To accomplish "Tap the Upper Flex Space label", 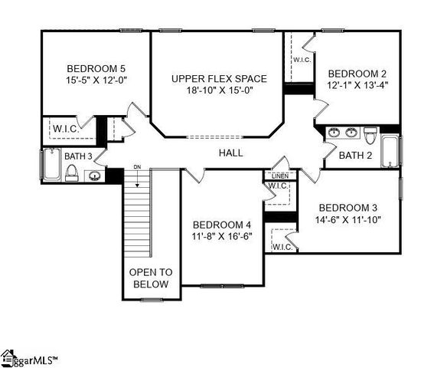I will [x=219, y=79].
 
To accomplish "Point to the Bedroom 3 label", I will [x=348, y=208].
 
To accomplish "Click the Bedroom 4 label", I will [x=220, y=225].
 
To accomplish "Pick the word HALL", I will [x=230, y=153].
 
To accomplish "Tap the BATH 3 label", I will [x=78, y=156].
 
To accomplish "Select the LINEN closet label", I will [x=279, y=176].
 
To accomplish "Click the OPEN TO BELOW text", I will [x=150, y=278].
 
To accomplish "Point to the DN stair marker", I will [x=138, y=166].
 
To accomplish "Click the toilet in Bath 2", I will [x=370, y=136].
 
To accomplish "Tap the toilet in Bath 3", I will [x=71, y=173].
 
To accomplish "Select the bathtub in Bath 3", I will [x=51, y=163].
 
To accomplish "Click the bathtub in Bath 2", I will [x=390, y=150].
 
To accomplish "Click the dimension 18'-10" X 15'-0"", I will [x=219, y=90].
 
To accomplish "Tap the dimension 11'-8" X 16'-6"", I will [x=220, y=236].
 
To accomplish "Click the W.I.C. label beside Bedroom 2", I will [x=301, y=60].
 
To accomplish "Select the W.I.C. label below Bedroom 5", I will [x=67, y=128].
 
